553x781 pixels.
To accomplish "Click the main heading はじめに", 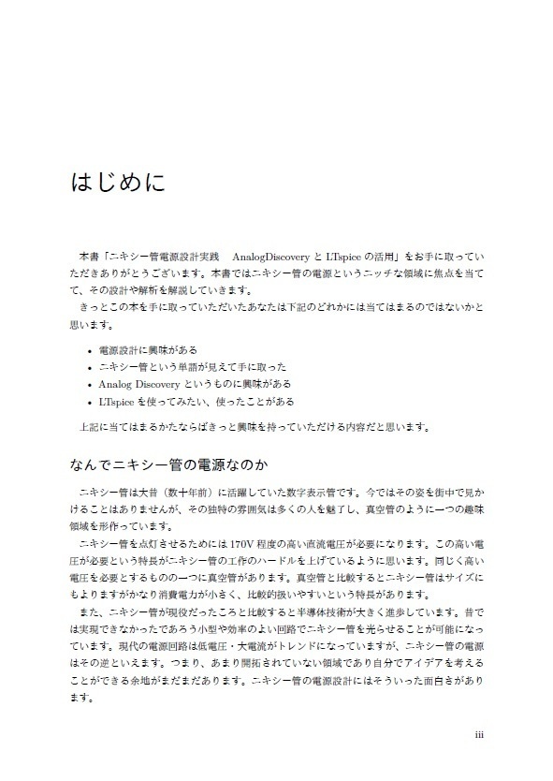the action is click(118, 181).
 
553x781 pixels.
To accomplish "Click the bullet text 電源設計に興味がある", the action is click(147, 349).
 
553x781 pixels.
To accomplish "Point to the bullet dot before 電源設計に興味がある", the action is click(88, 350).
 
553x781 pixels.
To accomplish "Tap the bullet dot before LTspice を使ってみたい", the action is click(88, 402).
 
